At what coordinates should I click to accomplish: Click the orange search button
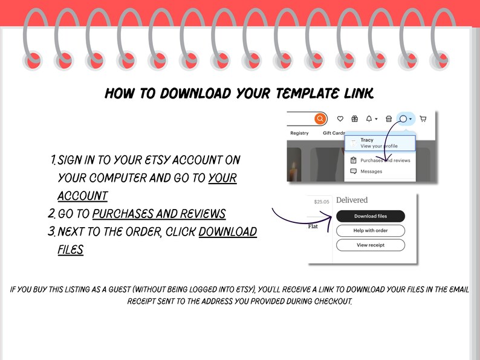320,119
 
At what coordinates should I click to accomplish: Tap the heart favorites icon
340,119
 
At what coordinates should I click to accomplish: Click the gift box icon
355,119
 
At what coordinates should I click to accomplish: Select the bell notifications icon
369,119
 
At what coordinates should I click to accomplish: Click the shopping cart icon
423,119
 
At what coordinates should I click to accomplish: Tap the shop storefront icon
389,119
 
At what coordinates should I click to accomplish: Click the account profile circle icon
403,119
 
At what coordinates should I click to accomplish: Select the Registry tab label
299,133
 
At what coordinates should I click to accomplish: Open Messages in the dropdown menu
371,172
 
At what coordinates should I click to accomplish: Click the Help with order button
371,231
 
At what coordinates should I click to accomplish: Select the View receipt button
371,245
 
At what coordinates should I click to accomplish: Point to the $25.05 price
322,202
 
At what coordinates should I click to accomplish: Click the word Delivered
352,200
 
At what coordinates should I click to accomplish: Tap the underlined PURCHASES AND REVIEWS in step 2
159,214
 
